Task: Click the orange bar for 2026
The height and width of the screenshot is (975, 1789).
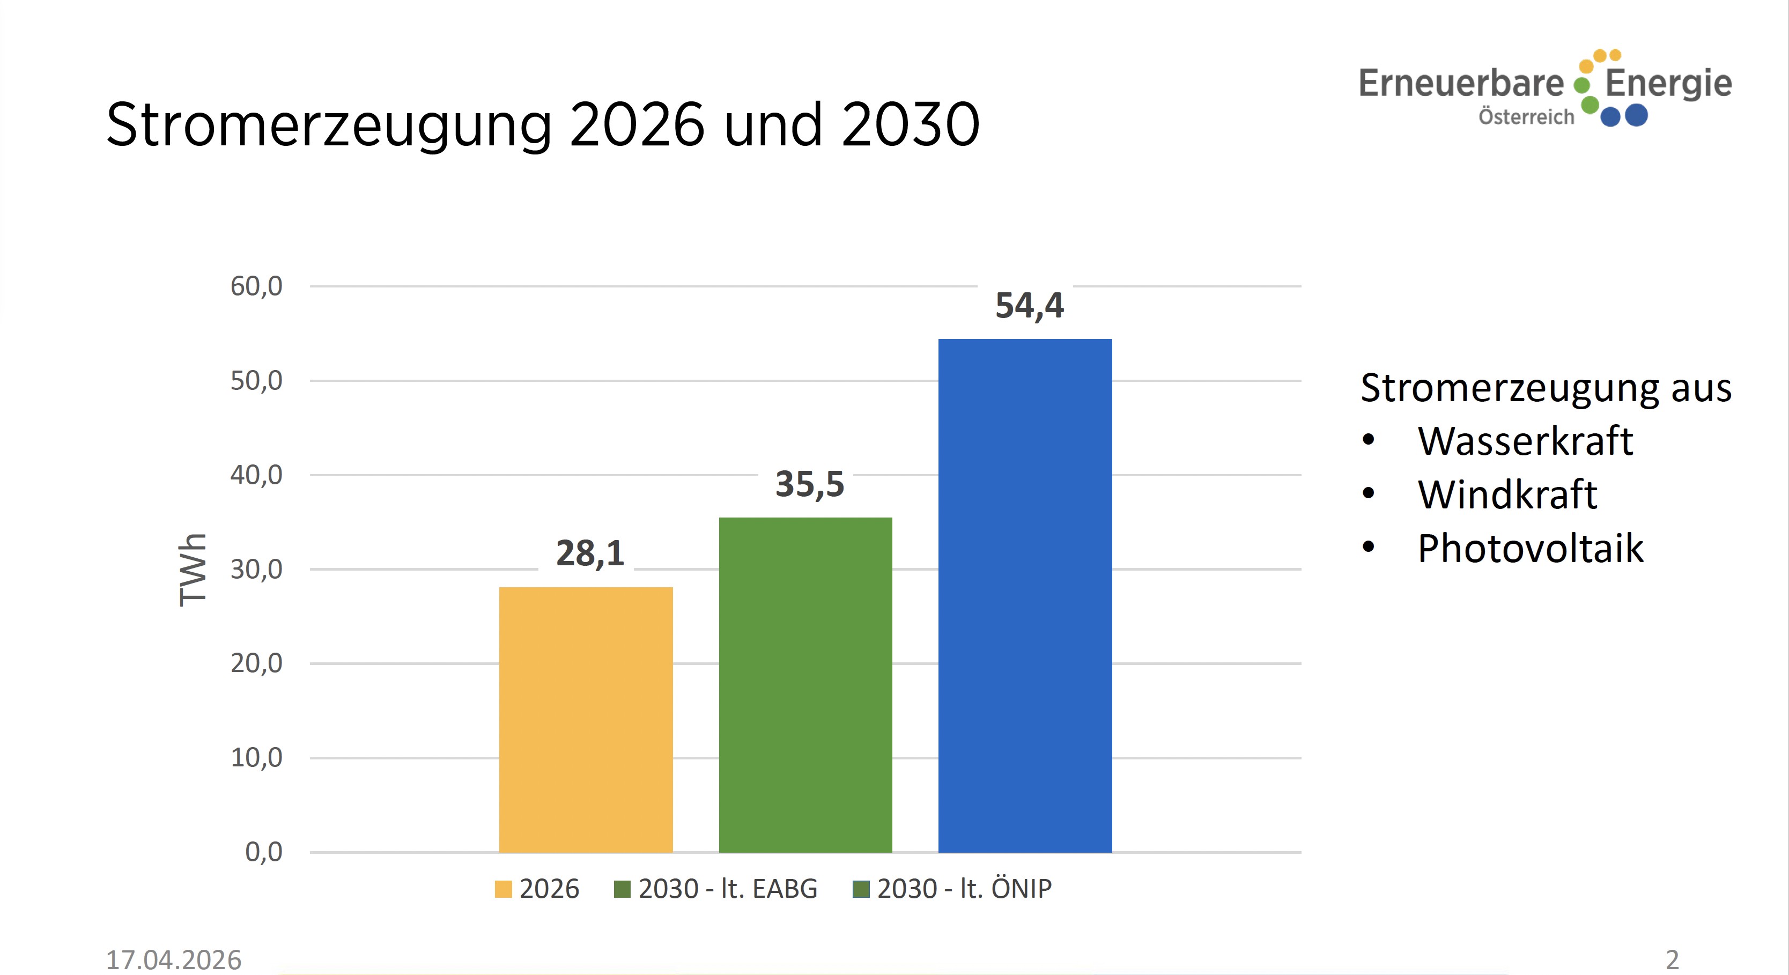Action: (586, 719)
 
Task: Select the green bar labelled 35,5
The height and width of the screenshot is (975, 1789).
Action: (805, 684)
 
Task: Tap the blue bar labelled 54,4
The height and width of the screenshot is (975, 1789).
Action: (1024, 595)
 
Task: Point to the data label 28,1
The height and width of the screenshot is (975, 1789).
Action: (589, 553)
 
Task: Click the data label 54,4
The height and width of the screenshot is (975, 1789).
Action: (1029, 306)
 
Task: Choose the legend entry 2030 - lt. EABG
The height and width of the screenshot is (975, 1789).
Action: (716, 889)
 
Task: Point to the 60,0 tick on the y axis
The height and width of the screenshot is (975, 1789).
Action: (256, 286)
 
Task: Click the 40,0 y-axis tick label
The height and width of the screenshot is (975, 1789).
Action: (256, 475)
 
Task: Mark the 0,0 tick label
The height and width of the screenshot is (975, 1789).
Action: (263, 852)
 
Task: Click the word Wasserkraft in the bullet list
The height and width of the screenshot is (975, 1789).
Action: (1525, 441)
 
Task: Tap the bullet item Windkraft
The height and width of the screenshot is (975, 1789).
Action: (1507, 494)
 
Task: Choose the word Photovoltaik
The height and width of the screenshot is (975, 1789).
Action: (1530, 549)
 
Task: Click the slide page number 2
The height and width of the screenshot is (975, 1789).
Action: (1672, 960)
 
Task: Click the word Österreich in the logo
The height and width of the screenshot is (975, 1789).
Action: (1526, 117)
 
